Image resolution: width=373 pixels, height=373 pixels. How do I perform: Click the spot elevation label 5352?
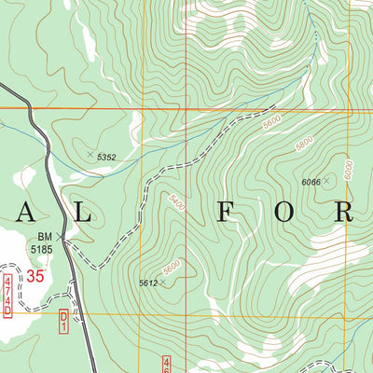pos(107,159)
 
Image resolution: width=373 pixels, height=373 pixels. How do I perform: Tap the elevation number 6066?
pos(312,183)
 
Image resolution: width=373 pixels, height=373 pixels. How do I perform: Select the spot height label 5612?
pos(147,283)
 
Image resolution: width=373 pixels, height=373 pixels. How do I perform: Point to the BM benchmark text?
pos(45,238)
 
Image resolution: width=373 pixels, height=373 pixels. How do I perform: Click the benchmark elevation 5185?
pos(41,249)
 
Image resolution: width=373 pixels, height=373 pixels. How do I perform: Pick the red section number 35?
pos(35,276)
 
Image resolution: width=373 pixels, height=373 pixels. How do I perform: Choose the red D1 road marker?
pos(64,321)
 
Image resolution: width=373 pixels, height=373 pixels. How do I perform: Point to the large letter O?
pos(284,213)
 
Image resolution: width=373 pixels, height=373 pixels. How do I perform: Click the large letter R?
pos(345,213)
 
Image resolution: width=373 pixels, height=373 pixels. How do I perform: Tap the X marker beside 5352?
pos(90,155)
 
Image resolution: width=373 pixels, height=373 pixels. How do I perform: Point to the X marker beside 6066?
pos(328,182)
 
